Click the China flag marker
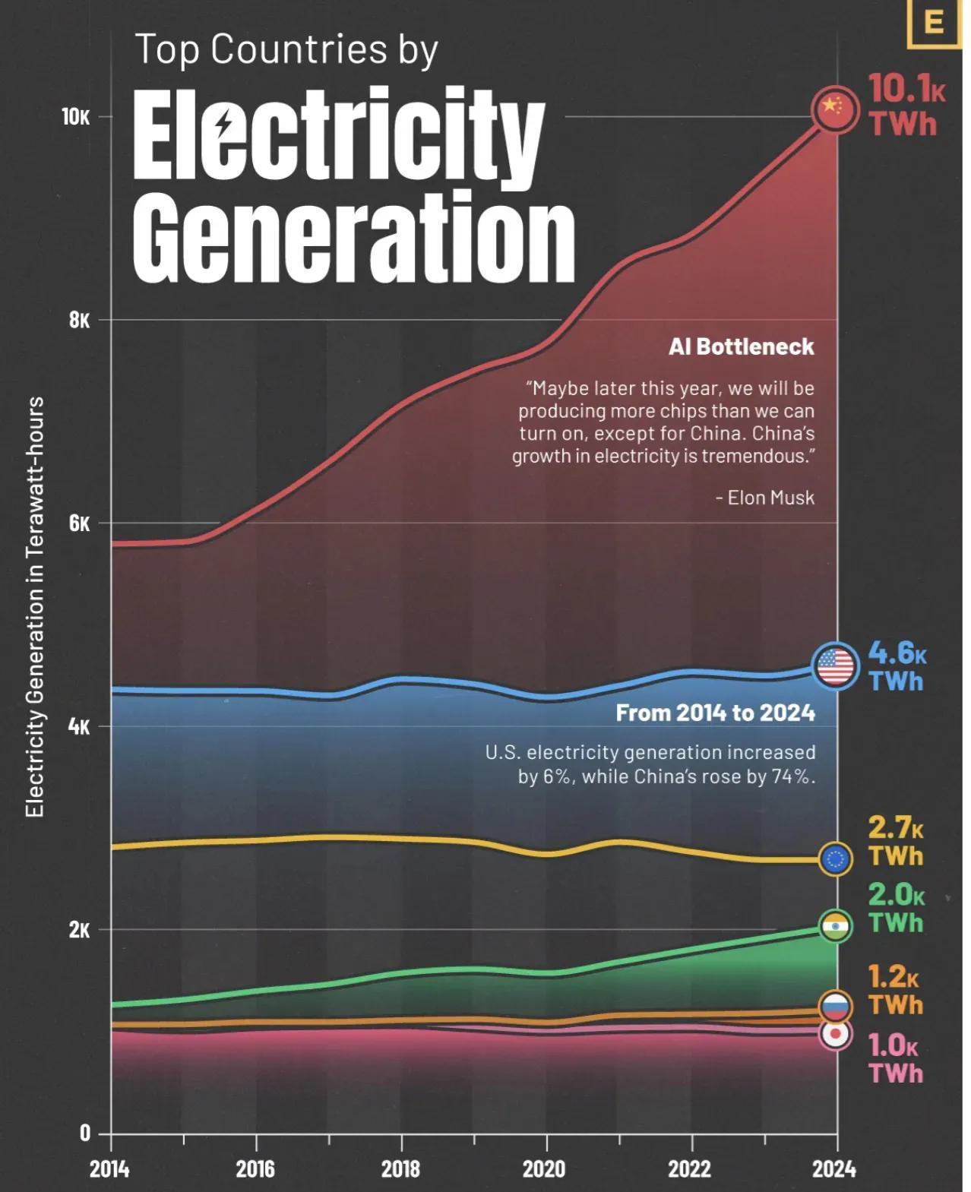[x=836, y=109]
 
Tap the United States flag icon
[x=836, y=666]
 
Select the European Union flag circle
[x=836, y=858]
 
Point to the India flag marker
[x=836, y=926]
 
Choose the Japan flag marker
[x=836, y=1034]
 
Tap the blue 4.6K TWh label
[x=897, y=666]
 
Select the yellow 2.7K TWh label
[x=896, y=843]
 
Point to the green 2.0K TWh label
[x=896, y=909]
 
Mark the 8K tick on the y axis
[x=79, y=321]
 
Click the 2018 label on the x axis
[x=400, y=1168]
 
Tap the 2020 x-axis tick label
[x=543, y=1168]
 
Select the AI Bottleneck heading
[x=741, y=347]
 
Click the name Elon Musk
[x=770, y=498]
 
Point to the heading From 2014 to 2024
[x=715, y=713]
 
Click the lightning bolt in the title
[x=224, y=125]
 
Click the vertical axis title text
[x=35, y=607]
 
